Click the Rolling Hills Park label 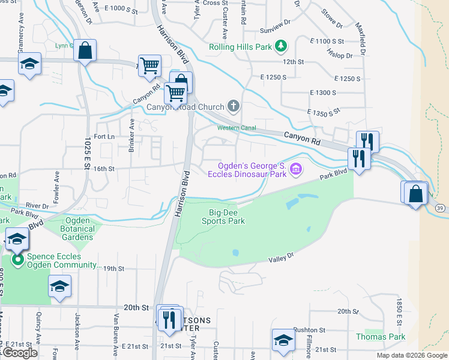click(x=240, y=47)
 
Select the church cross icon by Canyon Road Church click(x=234, y=107)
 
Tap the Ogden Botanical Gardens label click(x=77, y=229)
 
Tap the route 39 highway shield click(x=440, y=207)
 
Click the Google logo click(x=20, y=353)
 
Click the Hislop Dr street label click(x=340, y=55)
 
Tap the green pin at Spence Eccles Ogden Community click(x=18, y=260)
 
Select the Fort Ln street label click(x=104, y=137)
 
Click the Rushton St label click(x=309, y=330)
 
